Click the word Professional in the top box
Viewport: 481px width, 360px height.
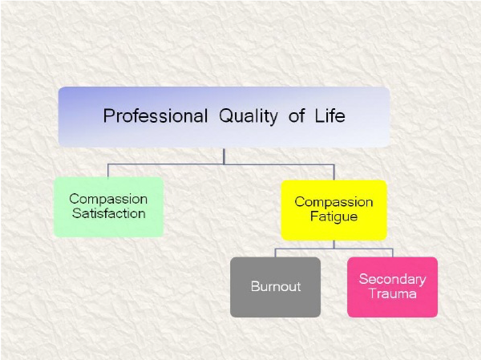coord(156,115)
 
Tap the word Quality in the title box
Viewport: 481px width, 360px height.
coord(249,116)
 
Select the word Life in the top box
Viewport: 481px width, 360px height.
coord(329,115)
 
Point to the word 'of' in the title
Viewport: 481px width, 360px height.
coord(297,115)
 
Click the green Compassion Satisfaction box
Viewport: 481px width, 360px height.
coord(108,207)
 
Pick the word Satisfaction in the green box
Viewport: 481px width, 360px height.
coord(108,213)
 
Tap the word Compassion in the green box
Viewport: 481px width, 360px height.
coord(108,199)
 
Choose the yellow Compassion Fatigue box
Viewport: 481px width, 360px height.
coord(333,210)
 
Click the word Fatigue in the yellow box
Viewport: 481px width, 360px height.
coord(333,217)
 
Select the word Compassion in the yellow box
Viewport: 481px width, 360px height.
coord(333,202)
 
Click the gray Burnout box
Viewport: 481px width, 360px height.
coord(276,287)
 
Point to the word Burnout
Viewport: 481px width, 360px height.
coord(276,286)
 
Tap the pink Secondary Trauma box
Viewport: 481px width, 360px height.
coord(392,287)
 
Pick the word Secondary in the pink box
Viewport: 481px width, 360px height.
coord(393,279)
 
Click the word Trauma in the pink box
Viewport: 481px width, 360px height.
coord(393,293)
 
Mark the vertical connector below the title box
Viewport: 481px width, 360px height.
coord(224,156)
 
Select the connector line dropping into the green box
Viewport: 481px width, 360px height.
coord(108,171)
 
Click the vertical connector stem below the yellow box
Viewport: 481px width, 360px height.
coord(333,245)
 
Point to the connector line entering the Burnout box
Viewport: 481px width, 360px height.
coord(276,253)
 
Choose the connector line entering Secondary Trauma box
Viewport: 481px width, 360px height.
coord(392,253)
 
